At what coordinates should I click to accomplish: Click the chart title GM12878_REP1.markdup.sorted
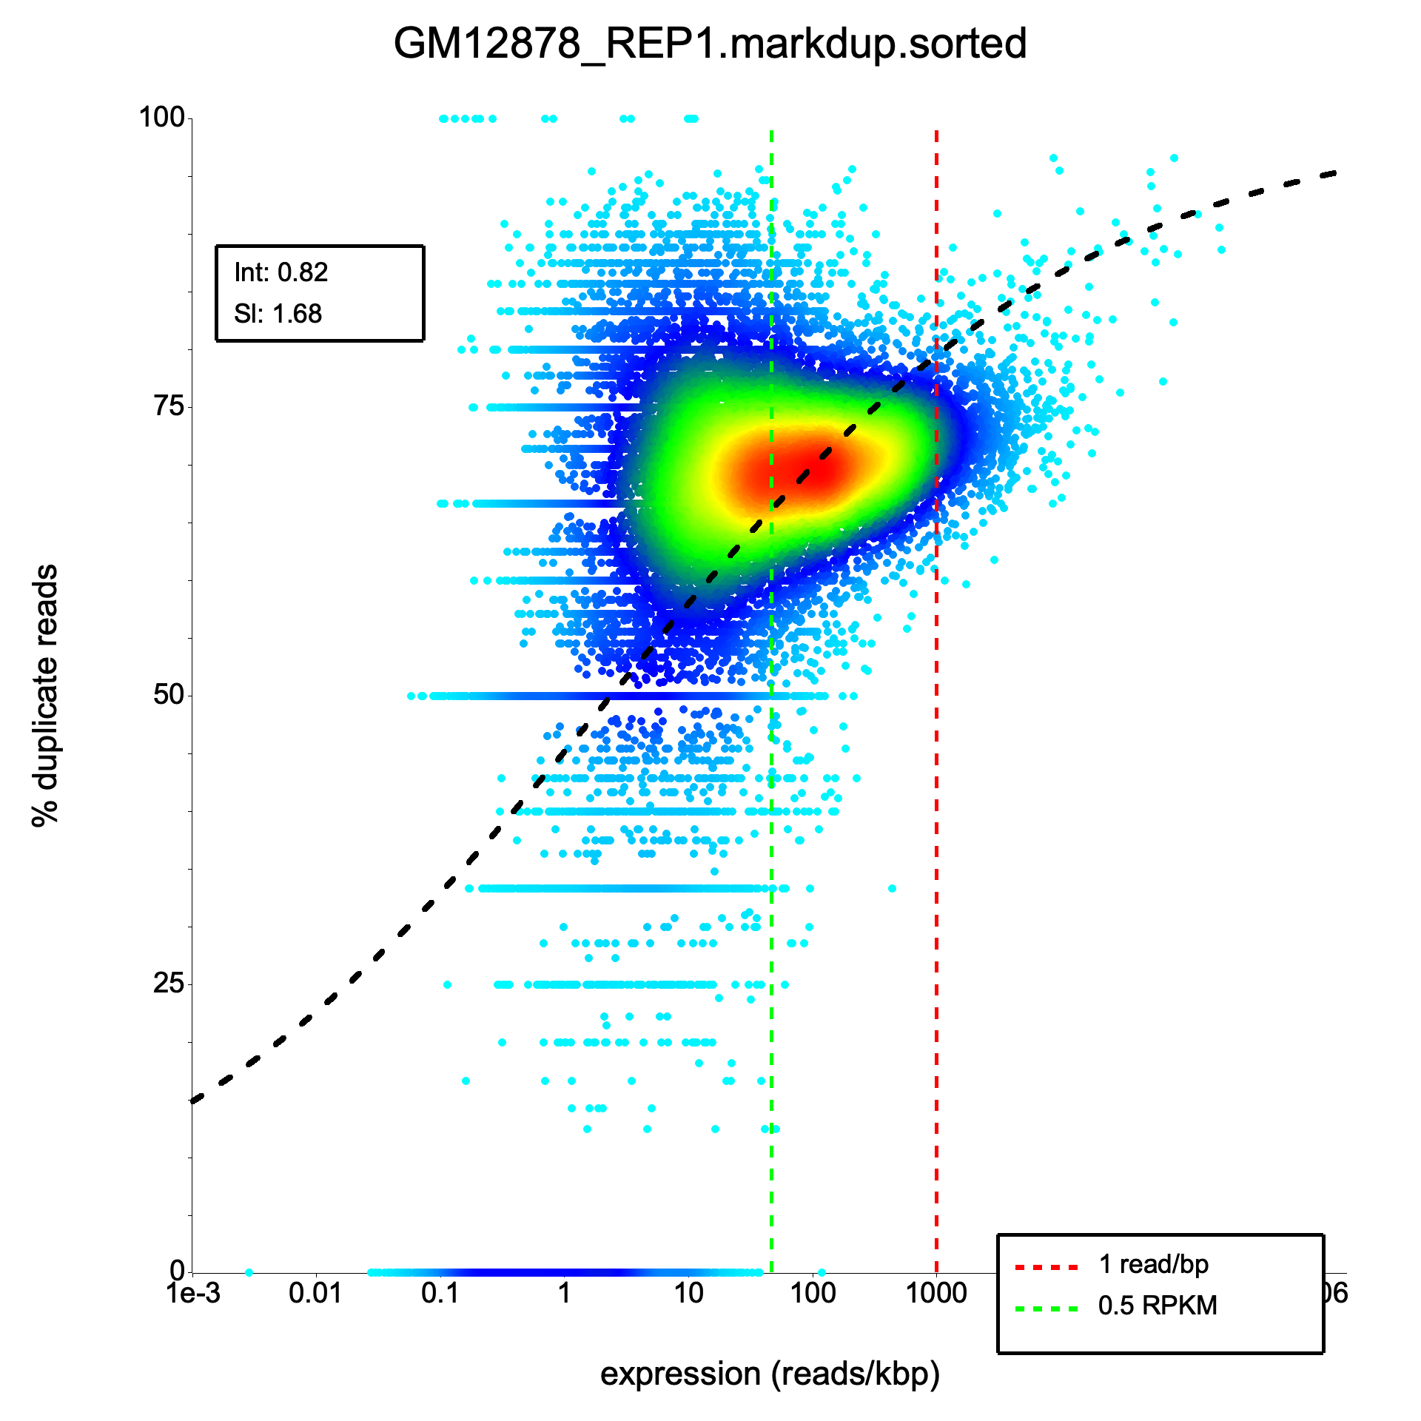pyautogui.click(x=710, y=44)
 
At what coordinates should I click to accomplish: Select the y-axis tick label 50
pyautogui.click(x=169, y=694)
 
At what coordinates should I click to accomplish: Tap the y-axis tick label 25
pyautogui.click(x=169, y=983)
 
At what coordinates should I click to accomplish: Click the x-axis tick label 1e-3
pyautogui.click(x=194, y=1294)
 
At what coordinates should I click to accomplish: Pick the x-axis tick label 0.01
pyautogui.click(x=316, y=1294)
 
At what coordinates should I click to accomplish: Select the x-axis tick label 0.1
pyautogui.click(x=440, y=1294)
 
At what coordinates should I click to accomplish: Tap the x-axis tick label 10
pyautogui.click(x=688, y=1294)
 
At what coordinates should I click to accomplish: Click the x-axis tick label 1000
pyautogui.click(x=936, y=1294)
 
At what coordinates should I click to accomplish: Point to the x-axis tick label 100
pyautogui.click(x=813, y=1294)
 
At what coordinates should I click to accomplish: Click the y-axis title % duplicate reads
pyautogui.click(x=45, y=696)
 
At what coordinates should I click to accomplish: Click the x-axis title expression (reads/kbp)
pyautogui.click(x=770, y=1374)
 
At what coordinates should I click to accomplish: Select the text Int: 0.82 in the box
pyautogui.click(x=280, y=272)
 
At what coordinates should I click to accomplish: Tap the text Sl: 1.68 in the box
pyautogui.click(x=278, y=314)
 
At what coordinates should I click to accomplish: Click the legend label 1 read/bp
pyautogui.click(x=1153, y=1264)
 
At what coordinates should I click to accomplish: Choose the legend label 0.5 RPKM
pyautogui.click(x=1158, y=1306)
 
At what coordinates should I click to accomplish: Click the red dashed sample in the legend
pyautogui.click(x=1047, y=1268)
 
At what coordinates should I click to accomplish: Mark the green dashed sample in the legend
pyautogui.click(x=1047, y=1309)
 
